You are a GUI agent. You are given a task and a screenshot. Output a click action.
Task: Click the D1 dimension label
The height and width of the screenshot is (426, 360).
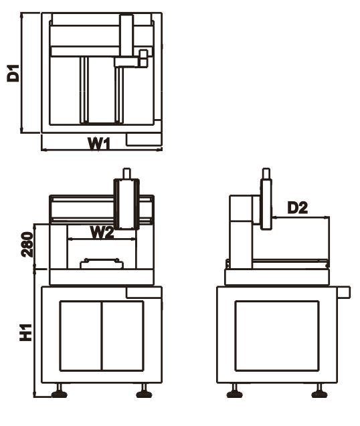coord(13,73)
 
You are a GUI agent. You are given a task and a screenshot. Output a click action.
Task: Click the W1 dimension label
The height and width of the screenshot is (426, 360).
coord(99,144)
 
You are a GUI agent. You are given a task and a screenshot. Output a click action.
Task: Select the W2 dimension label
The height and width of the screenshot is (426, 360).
coord(102,233)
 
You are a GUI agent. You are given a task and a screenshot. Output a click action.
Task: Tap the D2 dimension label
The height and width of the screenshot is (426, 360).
coord(298,208)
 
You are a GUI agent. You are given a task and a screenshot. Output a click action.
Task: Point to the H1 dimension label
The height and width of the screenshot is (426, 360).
coord(26,332)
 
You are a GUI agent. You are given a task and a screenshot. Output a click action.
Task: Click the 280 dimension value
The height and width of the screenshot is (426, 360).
coord(27,244)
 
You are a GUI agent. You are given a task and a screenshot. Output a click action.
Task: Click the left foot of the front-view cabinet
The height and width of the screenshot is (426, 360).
coord(60,391)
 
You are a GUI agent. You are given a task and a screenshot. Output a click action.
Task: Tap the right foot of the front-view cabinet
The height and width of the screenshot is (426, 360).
coord(144,391)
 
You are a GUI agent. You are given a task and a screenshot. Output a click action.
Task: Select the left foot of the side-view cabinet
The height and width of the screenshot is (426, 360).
coord(234,391)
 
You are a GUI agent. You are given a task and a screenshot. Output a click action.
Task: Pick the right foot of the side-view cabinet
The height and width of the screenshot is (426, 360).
coord(319,391)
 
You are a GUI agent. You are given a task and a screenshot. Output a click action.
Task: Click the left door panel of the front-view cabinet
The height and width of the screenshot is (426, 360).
coord(81,336)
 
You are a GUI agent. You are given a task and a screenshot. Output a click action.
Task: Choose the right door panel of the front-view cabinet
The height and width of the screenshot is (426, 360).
coord(123,336)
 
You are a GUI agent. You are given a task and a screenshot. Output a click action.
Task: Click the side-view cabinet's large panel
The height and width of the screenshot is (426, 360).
coord(277,336)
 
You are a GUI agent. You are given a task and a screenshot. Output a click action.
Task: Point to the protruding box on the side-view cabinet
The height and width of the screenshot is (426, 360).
coord(344,292)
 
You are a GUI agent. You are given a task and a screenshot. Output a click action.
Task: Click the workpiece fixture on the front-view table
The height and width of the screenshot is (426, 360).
coord(102,263)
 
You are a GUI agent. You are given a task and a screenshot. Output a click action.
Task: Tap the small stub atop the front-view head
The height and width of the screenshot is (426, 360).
coord(126,173)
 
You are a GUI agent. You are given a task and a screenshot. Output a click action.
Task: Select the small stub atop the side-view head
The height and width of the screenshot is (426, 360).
coord(266,173)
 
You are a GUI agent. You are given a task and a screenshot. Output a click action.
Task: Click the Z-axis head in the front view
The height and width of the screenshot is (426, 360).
coord(126,204)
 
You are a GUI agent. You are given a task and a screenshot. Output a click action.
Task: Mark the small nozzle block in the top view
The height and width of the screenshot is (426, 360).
coord(143,58)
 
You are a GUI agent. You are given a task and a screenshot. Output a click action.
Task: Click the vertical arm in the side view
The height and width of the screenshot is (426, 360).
coord(266,204)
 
